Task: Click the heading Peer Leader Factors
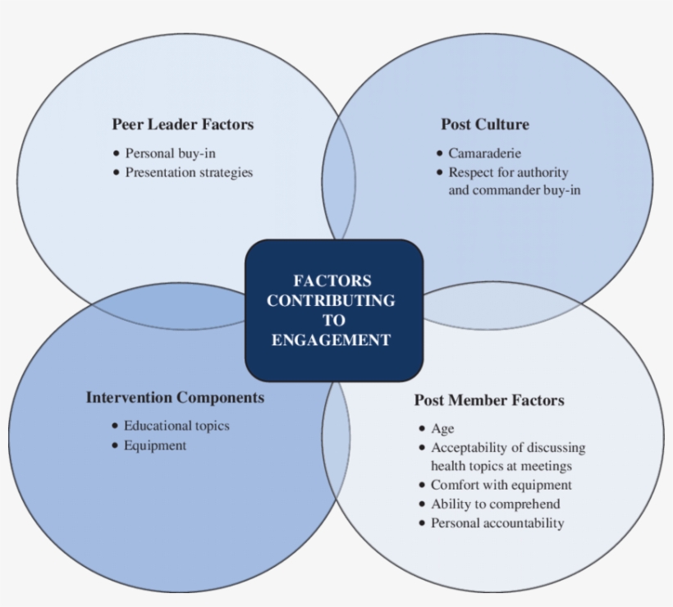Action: click(x=182, y=125)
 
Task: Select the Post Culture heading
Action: click(x=484, y=125)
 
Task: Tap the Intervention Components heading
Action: click(x=175, y=397)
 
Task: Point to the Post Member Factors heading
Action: click(x=489, y=400)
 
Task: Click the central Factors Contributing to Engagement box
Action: click(x=333, y=310)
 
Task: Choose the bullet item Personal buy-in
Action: click(x=170, y=153)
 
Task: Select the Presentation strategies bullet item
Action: click(x=189, y=172)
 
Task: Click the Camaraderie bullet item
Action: click(x=484, y=153)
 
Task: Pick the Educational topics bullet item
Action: click(x=176, y=426)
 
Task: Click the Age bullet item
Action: click(x=442, y=428)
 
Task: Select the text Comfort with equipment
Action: click(x=501, y=485)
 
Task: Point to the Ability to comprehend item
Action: click(x=495, y=504)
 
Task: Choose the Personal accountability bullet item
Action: click(x=497, y=523)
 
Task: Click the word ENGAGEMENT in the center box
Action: click(x=331, y=340)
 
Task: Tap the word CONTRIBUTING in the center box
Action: click(x=331, y=300)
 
